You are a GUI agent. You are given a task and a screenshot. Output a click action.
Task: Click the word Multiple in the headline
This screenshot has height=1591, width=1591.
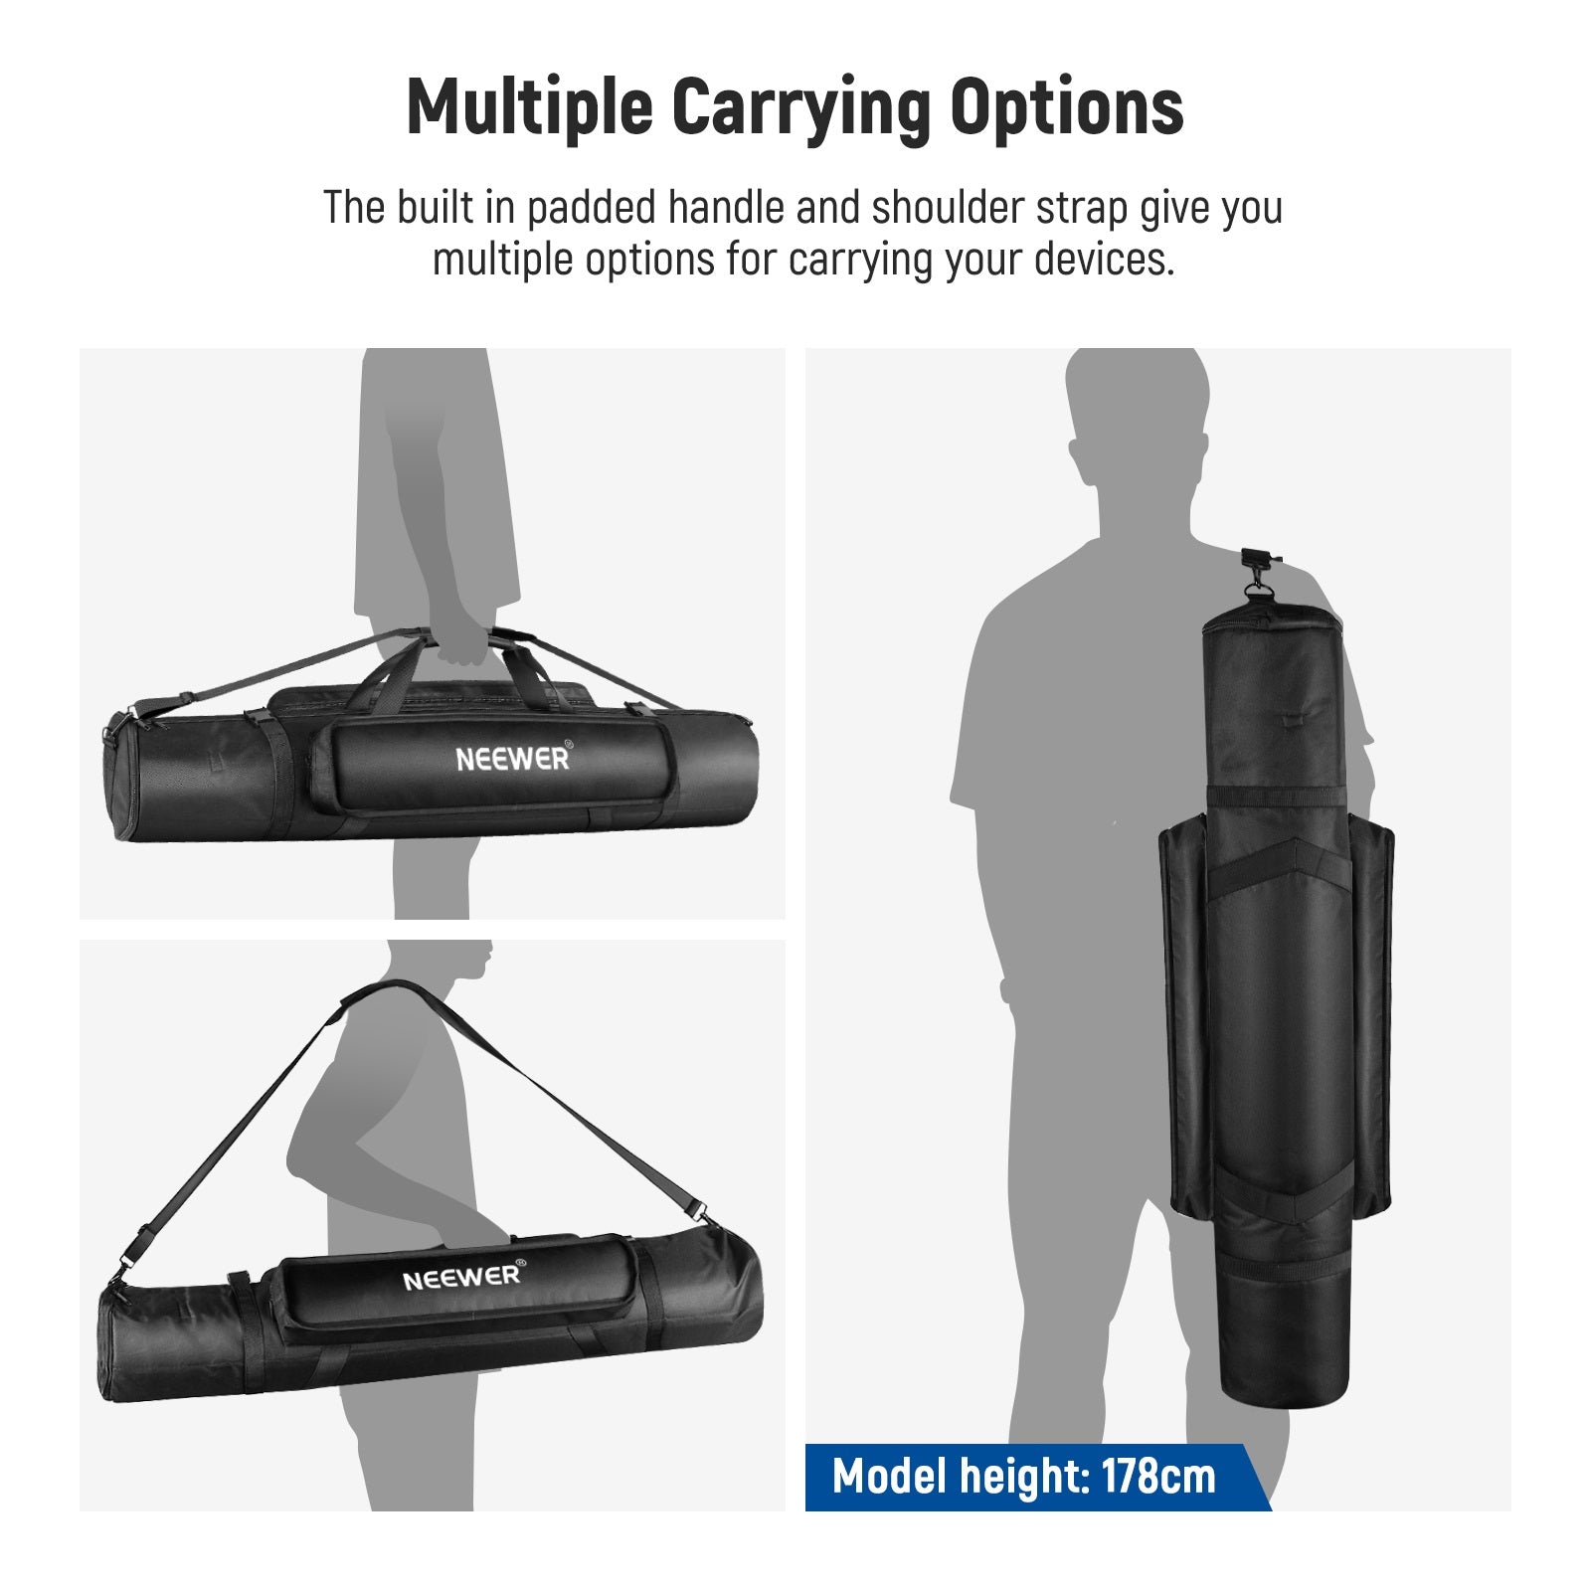point(529,106)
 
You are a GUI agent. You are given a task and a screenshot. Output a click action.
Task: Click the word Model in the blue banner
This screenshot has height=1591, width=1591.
point(889,1477)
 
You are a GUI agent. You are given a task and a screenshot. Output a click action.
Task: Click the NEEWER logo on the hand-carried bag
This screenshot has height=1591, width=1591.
point(512,759)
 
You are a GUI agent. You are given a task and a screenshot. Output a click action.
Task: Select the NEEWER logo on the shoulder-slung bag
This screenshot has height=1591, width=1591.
point(462,1277)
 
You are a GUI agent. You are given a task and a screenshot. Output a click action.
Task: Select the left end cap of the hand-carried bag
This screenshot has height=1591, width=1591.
point(115,786)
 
